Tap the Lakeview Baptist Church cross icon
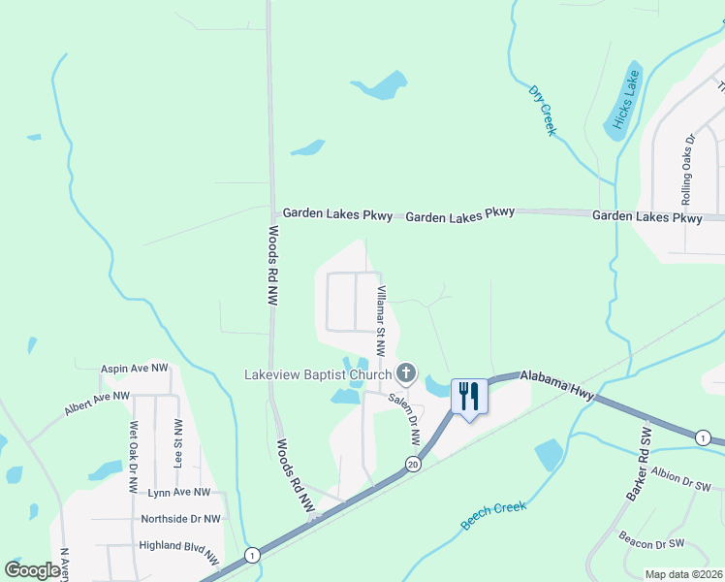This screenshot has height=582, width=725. tap(406, 373)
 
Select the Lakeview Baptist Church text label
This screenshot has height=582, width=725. tap(317, 374)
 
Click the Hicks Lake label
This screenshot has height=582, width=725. tap(621, 99)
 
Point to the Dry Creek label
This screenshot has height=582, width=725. tap(543, 110)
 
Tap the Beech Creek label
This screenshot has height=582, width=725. tap(493, 515)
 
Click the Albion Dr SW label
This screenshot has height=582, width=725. tap(680, 480)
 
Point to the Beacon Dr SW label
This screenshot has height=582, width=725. tap(652, 543)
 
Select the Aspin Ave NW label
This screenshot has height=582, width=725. tap(134, 370)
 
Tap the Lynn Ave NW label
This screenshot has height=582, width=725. tap(178, 494)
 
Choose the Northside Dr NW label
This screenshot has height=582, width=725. tap(180, 519)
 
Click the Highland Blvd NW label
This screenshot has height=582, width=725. tap(178, 550)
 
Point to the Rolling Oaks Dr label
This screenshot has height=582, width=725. tap(687, 161)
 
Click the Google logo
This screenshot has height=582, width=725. tap(32, 570)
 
